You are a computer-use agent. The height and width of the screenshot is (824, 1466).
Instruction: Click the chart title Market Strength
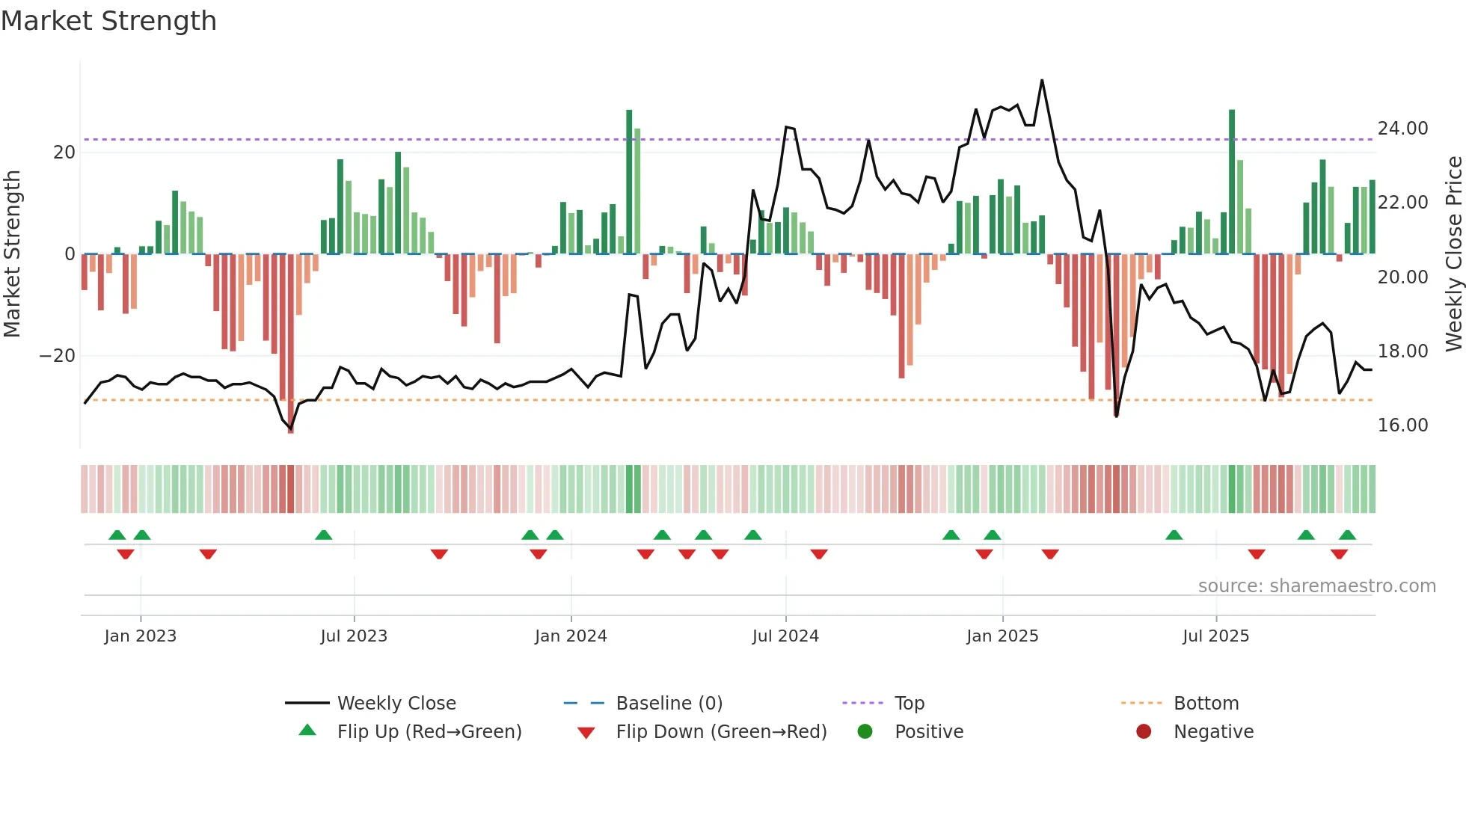108,21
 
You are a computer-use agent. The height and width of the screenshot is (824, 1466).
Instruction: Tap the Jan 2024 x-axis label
571,636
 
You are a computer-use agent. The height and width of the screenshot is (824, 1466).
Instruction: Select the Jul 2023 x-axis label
354,636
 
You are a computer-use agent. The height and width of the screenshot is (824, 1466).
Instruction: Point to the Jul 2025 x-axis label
1215,636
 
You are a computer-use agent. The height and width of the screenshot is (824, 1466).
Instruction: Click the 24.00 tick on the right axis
1402,129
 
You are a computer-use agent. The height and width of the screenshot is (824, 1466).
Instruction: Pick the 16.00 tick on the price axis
1402,425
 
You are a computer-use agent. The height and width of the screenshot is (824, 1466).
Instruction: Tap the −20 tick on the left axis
58,356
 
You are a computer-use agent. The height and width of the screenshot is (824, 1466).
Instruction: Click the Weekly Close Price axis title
1453,254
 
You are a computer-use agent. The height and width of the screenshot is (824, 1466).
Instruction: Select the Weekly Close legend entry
396,704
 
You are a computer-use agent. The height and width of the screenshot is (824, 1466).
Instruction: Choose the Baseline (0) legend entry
669,704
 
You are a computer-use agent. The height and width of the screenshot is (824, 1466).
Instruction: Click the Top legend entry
909,704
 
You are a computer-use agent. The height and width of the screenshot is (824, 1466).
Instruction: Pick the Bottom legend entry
1206,704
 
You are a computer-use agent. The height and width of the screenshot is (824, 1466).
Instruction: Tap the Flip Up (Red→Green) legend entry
429,732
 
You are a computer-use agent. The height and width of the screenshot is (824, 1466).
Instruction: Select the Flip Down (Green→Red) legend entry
721,732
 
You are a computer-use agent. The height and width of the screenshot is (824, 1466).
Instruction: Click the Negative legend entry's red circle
1144,731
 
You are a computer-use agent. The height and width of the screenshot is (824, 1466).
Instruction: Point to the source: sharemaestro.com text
1316,586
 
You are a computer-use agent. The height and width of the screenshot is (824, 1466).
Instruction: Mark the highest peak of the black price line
1042,81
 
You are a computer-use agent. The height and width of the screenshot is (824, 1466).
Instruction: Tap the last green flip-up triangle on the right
1347,535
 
